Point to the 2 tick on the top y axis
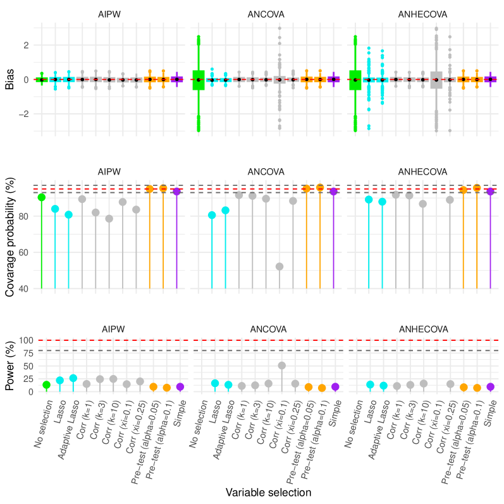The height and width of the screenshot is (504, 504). (x=26, y=46)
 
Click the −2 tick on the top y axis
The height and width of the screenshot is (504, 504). (x=23, y=114)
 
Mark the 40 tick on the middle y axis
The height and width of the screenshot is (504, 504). (x=24, y=289)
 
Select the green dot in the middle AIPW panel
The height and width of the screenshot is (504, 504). (x=41, y=197)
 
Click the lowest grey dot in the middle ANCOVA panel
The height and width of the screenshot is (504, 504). (x=280, y=266)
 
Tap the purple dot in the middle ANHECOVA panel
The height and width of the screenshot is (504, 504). (x=490, y=192)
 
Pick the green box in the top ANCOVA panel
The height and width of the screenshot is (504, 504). (x=199, y=80)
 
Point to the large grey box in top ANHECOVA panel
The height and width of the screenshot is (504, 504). (x=436, y=80)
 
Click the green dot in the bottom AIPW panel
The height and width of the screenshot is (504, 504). (x=46, y=384)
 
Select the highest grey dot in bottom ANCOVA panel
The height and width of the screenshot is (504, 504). (x=282, y=366)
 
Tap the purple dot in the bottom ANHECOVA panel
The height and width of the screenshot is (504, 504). (x=490, y=386)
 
